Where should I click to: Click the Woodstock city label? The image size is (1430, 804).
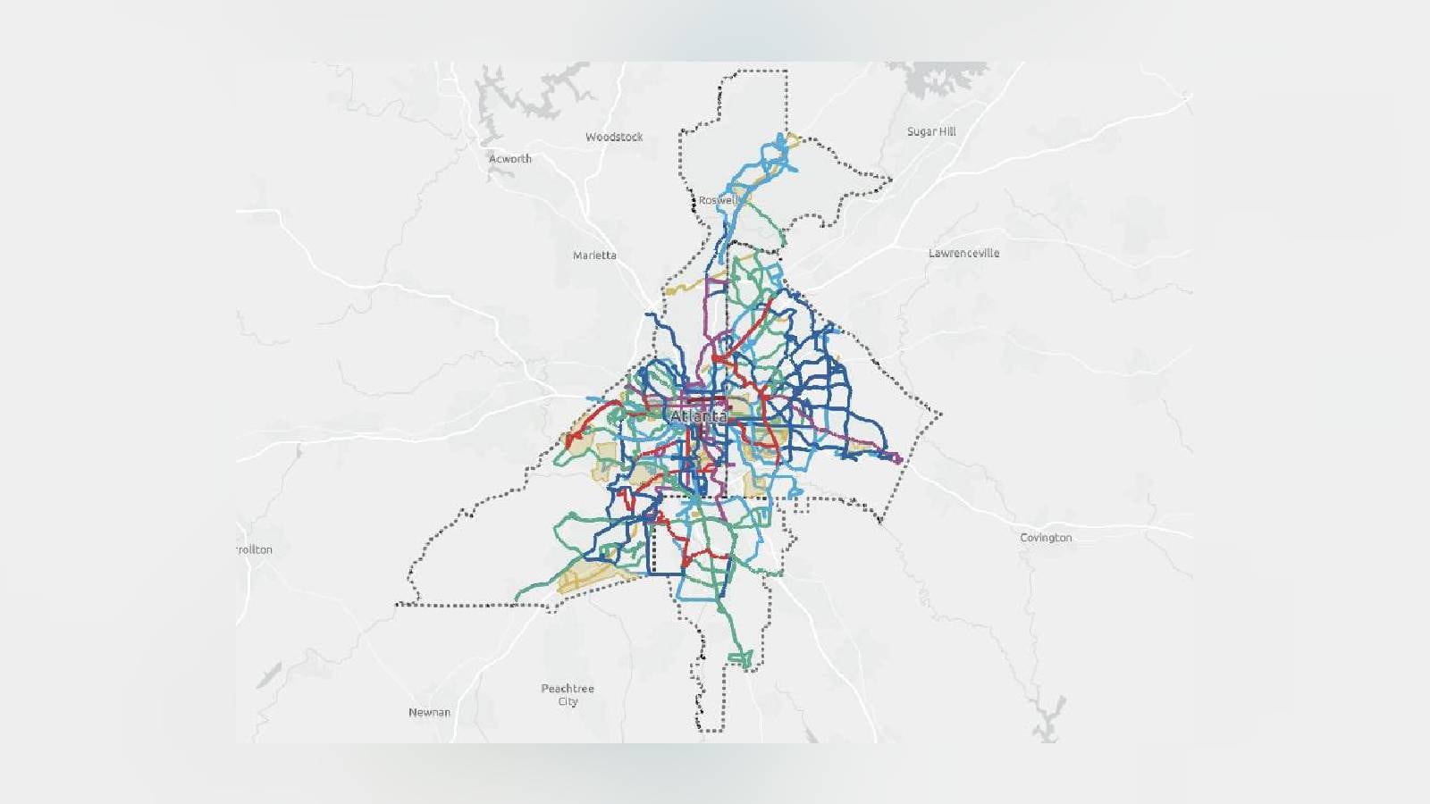click(x=614, y=137)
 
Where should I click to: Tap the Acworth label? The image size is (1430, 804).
click(x=509, y=159)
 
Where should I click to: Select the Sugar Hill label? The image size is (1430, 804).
click(x=931, y=131)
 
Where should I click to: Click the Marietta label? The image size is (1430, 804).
click(x=594, y=255)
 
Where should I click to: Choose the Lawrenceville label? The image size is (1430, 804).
click(x=963, y=253)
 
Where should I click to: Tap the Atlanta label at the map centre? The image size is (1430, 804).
click(x=698, y=417)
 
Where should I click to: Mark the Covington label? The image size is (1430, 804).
click(x=1046, y=538)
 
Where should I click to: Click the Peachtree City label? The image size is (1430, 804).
click(x=568, y=695)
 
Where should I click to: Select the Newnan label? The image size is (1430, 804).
click(x=429, y=712)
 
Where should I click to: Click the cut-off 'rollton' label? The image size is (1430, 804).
click(x=255, y=549)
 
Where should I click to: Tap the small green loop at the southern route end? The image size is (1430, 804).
click(x=741, y=660)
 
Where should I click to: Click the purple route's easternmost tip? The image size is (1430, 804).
click(x=899, y=459)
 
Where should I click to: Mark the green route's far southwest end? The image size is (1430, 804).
click(x=517, y=598)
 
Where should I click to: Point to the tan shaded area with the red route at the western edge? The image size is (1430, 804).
click(x=581, y=433)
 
